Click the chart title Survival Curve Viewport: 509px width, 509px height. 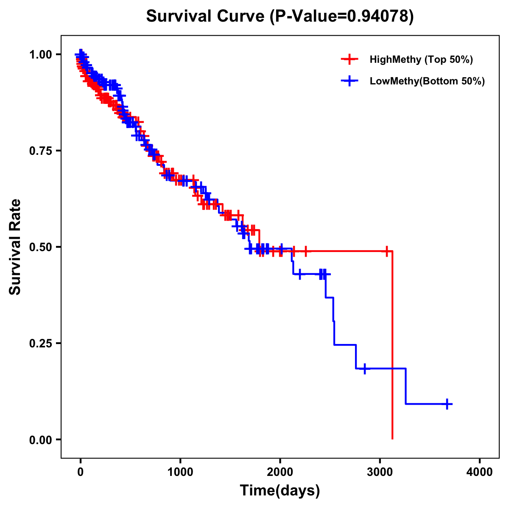point(206,16)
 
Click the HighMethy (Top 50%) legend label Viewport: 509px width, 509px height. point(421,59)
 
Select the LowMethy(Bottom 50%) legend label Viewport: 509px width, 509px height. point(427,81)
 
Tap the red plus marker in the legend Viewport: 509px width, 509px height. point(349,59)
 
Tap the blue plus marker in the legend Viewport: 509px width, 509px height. point(349,81)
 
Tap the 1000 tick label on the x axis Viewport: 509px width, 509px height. point(180,472)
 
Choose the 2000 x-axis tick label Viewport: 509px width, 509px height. point(280,472)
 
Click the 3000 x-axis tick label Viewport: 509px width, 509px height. point(380,472)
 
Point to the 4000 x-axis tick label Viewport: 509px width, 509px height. point(480,472)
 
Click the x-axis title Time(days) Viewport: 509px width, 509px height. point(280,491)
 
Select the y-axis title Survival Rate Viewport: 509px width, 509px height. point(15,247)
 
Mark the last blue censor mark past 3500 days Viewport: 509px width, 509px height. point(447,404)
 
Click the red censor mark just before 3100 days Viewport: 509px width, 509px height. point(386,251)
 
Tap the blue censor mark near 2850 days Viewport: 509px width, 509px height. point(364,369)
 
